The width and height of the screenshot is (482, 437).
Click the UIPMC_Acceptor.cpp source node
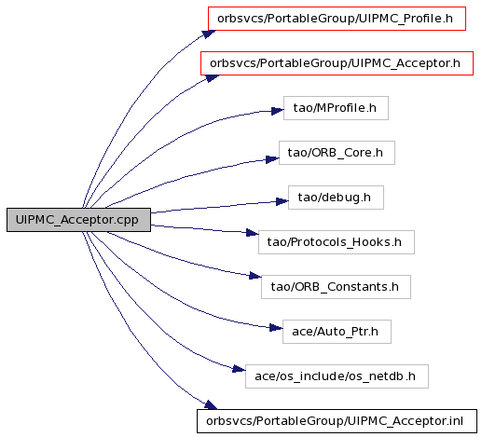(x=78, y=220)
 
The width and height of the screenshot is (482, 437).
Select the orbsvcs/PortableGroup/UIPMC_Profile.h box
(x=337, y=19)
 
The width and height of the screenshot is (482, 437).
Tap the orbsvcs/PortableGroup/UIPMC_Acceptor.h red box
(x=337, y=63)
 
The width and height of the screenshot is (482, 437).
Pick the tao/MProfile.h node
(x=336, y=108)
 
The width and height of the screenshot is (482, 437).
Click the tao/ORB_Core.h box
(x=337, y=153)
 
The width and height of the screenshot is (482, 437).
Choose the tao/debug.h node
(x=336, y=198)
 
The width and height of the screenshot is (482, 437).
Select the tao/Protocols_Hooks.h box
(x=337, y=242)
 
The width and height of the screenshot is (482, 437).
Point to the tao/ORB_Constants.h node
(x=336, y=287)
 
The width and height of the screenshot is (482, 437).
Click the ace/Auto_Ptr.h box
(x=337, y=332)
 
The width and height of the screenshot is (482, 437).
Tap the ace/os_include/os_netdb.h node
(x=337, y=376)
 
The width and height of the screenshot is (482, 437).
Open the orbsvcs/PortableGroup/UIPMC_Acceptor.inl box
(x=337, y=421)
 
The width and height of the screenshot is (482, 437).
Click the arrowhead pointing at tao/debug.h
(x=282, y=201)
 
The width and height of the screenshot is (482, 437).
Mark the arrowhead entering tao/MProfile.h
(x=278, y=111)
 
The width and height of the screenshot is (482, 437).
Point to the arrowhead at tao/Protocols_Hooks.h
(x=253, y=233)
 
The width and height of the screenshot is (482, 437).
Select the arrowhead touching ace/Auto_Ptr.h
(x=276, y=328)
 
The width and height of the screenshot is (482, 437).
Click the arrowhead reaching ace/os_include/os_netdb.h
(x=239, y=369)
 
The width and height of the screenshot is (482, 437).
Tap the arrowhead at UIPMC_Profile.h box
(x=209, y=34)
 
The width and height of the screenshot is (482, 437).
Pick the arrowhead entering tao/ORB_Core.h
(x=273, y=159)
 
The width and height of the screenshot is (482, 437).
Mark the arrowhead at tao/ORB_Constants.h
(x=255, y=276)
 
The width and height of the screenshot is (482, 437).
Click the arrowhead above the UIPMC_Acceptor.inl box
(x=211, y=404)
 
